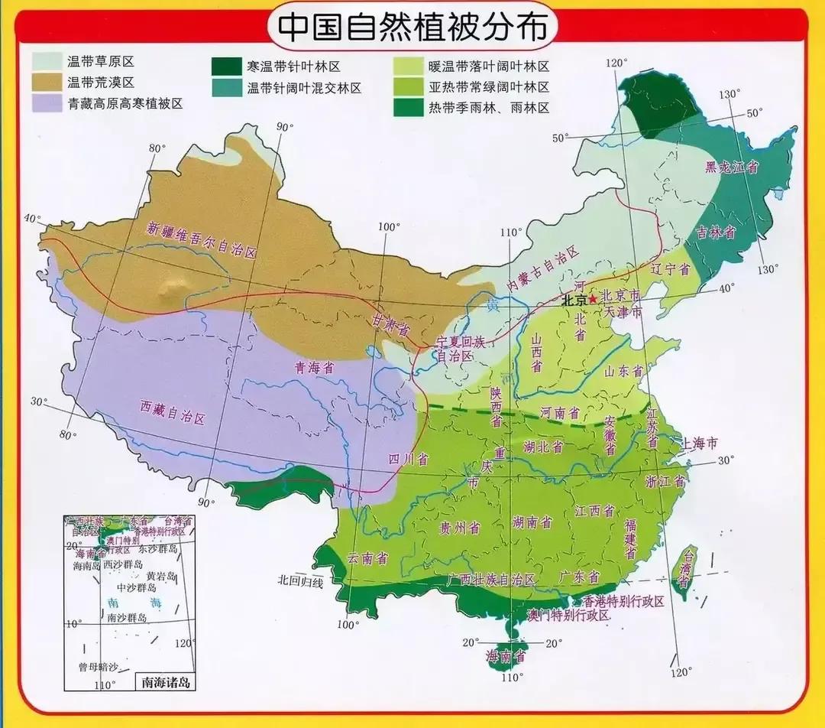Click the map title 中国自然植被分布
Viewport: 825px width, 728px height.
pyautogui.click(x=412, y=27)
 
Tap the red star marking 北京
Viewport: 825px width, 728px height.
pyautogui.click(x=593, y=300)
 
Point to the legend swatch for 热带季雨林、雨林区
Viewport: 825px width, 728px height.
pyautogui.click(x=408, y=108)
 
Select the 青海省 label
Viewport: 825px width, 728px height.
pyautogui.click(x=315, y=367)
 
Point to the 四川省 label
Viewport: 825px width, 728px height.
pyautogui.click(x=408, y=459)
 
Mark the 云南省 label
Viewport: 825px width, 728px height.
pyautogui.click(x=367, y=557)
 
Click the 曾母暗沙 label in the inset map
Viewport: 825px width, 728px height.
pyautogui.click(x=99, y=667)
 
